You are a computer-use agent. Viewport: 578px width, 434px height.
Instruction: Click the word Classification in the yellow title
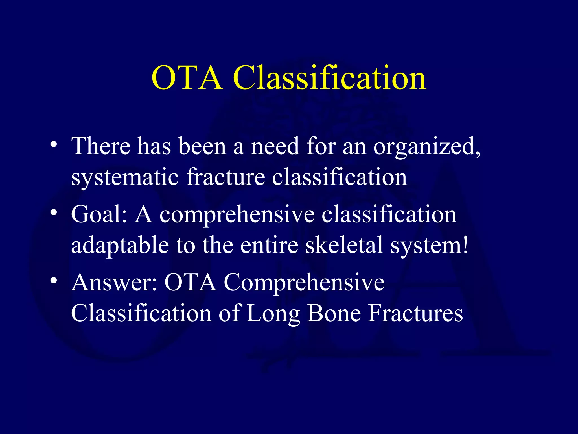click(x=329, y=77)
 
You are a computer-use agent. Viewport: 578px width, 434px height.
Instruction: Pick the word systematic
click(x=125, y=177)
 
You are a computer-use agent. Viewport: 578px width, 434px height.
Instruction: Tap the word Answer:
click(x=114, y=283)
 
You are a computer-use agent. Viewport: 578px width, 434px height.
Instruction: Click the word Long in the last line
click(x=273, y=314)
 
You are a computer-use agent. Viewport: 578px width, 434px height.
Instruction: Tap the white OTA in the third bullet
click(x=190, y=283)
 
